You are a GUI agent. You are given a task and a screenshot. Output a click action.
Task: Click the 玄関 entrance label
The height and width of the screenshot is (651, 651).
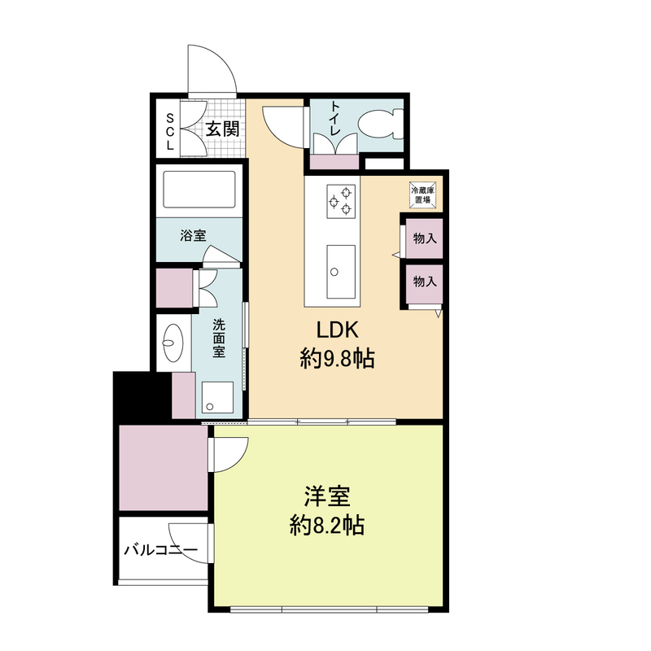[222, 129]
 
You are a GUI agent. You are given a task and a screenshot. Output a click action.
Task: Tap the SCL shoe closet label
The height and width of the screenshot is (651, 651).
[170, 132]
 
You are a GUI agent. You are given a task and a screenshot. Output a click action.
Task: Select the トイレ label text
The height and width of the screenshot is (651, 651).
[334, 118]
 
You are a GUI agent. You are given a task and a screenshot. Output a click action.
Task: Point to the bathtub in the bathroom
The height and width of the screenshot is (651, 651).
[199, 190]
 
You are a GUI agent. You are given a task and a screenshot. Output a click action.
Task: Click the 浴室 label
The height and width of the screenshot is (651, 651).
[193, 236]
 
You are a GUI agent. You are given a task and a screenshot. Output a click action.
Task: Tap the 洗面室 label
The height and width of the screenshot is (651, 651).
[219, 339]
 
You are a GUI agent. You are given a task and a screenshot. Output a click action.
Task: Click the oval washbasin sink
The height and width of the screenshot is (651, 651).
[173, 343]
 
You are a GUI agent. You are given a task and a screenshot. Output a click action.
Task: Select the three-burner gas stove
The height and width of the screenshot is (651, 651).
[341, 201]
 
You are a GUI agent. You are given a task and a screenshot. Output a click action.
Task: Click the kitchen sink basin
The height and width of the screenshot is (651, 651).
[341, 272]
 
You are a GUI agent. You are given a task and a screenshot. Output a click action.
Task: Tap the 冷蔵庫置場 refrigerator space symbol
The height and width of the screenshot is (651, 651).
[423, 194]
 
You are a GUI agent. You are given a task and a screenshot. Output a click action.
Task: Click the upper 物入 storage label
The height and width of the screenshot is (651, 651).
[425, 238]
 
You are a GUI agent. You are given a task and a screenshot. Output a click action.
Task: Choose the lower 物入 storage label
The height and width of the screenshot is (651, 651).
[425, 282]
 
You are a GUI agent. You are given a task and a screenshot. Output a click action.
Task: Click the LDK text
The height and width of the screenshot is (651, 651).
[337, 330]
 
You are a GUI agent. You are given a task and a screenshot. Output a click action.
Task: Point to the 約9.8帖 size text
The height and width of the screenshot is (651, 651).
[337, 359]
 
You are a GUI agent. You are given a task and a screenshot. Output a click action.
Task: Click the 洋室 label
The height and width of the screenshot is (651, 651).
[327, 496]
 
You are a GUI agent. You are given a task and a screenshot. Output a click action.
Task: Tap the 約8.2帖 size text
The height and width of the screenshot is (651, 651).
[327, 526]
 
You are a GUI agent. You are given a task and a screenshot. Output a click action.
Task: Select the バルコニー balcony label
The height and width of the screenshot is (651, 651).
[161, 551]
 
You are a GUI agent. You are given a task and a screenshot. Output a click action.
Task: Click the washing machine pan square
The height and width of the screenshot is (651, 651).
[217, 397]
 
